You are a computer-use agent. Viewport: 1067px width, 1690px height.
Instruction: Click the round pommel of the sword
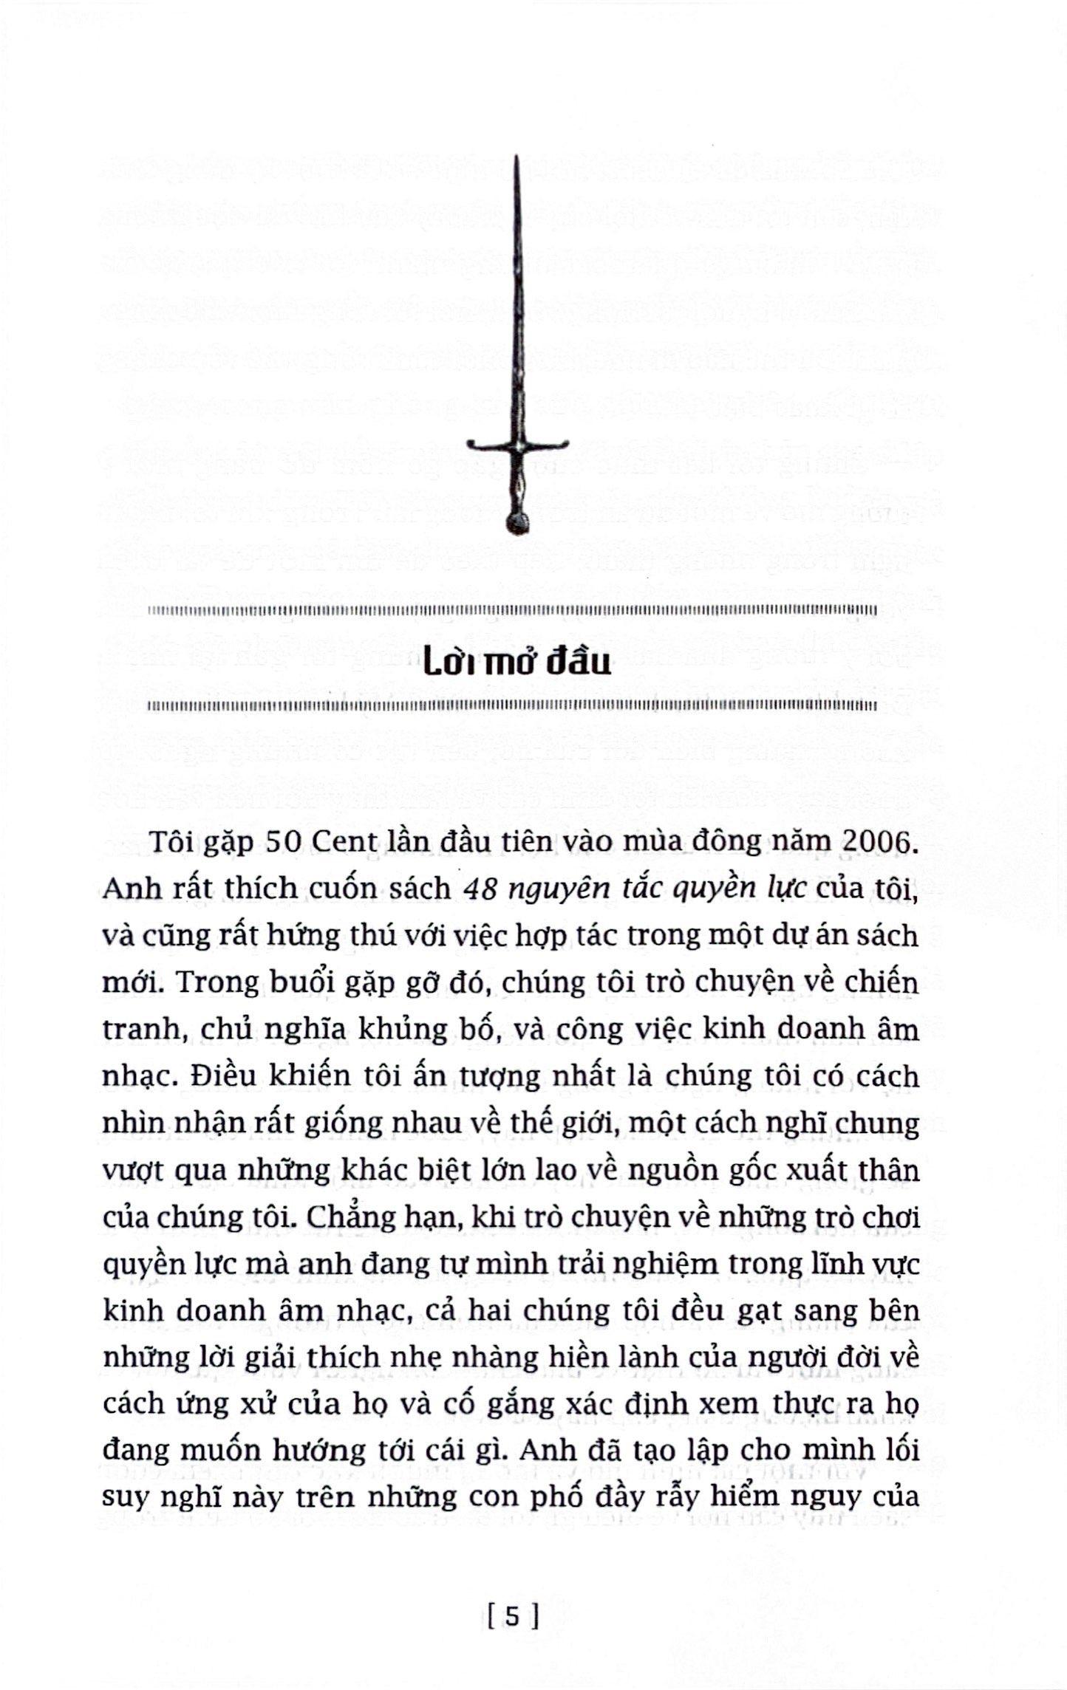[517, 522]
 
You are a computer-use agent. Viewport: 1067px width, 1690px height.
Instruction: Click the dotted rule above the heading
[511, 611]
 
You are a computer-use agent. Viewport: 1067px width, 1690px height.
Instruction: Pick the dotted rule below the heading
[511, 707]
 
